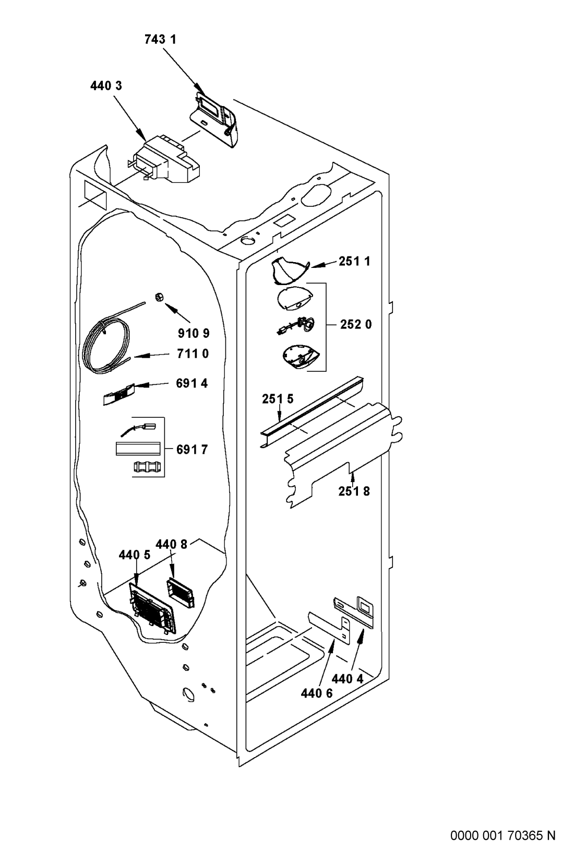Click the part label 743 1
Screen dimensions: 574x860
pos(160,40)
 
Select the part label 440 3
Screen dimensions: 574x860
pos(106,86)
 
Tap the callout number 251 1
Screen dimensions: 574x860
pos(354,262)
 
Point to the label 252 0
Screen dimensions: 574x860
pos(356,324)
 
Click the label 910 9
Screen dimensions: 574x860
pos(194,333)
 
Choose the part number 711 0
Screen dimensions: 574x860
pos(193,354)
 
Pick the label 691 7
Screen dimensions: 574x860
pos(192,449)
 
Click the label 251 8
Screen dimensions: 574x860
pos(354,491)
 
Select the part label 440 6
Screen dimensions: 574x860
pos(317,693)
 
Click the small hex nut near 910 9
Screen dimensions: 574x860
pos(158,297)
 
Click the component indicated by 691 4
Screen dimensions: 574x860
pos(118,394)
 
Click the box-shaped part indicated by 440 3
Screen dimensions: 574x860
pos(165,160)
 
